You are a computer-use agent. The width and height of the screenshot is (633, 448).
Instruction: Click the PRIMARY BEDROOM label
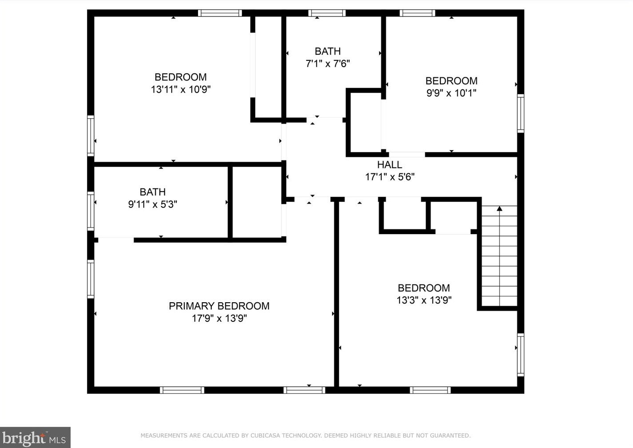point(219,306)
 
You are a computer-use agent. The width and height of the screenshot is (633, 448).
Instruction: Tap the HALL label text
point(389,165)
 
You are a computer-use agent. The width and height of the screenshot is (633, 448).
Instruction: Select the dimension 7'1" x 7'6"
point(328,64)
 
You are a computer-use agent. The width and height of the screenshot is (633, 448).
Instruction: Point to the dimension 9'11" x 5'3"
point(152,204)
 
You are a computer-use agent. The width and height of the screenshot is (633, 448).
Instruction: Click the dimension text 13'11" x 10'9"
point(180,89)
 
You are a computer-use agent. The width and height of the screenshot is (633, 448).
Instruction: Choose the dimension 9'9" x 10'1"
point(451,93)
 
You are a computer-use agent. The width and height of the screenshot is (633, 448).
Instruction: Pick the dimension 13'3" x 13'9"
point(423,300)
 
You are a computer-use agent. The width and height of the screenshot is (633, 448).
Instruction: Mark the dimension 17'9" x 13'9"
point(219,318)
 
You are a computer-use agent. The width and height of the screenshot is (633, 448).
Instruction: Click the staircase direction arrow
point(499,208)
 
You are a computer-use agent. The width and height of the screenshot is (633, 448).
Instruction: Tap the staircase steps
point(499,262)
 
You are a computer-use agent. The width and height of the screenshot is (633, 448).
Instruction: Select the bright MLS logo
point(35,438)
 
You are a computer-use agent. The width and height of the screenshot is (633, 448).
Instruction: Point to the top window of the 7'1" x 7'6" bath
point(327,13)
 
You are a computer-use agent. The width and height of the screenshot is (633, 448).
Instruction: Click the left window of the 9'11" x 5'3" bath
point(91,210)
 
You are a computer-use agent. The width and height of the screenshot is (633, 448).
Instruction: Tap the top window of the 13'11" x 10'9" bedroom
point(219,13)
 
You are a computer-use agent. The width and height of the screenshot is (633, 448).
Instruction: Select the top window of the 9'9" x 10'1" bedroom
point(417,13)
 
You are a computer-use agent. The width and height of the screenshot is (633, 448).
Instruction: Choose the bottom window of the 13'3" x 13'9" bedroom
point(430,390)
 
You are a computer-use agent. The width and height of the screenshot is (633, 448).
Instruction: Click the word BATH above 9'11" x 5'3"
point(152,192)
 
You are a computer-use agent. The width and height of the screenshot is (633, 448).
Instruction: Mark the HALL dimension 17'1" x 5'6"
point(389,177)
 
